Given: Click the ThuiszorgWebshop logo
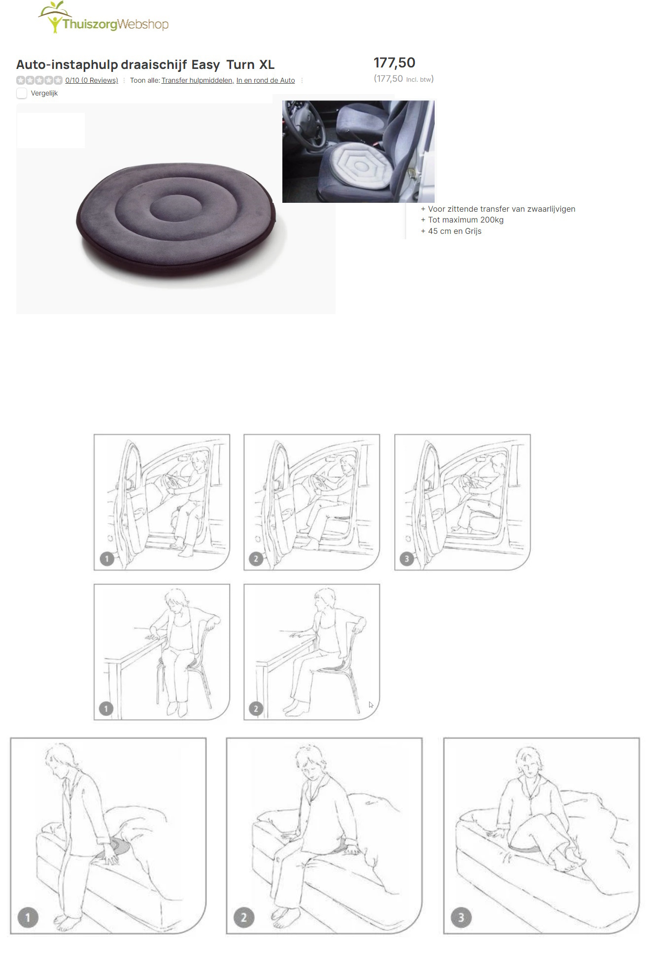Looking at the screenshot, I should pyautogui.click(x=103, y=20).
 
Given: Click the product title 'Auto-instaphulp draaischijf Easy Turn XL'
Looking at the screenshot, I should pyautogui.click(x=145, y=65).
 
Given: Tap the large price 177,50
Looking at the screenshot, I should pyautogui.click(x=394, y=63).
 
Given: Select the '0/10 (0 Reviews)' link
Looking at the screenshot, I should pyautogui.click(x=92, y=81).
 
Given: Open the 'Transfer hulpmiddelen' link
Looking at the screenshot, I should pyautogui.click(x=198, y=81).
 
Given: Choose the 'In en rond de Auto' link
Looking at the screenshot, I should pyautogui.click(x=266, y=81).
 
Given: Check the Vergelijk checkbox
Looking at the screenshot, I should pyautogui.click(x=22, y=93).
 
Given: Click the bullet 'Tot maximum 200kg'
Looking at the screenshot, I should pyautogui.click(x=466, y=220).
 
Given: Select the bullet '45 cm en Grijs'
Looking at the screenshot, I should pyautogui.click(x=454, y=231).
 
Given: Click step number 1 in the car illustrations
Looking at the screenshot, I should pyautogui.click(x=107, y=559).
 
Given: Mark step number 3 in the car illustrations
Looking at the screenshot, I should pyautogui.click(x=407, y=559).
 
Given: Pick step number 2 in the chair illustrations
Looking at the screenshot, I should pyautogui.click(x=256, y=709).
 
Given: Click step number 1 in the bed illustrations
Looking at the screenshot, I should pyautogui.click(x=28, y=918).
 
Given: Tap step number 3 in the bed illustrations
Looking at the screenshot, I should pyautogui.click(x=461, y=918).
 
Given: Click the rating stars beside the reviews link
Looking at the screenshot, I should pyautogui.click(x=39, y=80).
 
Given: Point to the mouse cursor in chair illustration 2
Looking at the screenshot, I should pyautogui.click(x=371, y=704).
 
